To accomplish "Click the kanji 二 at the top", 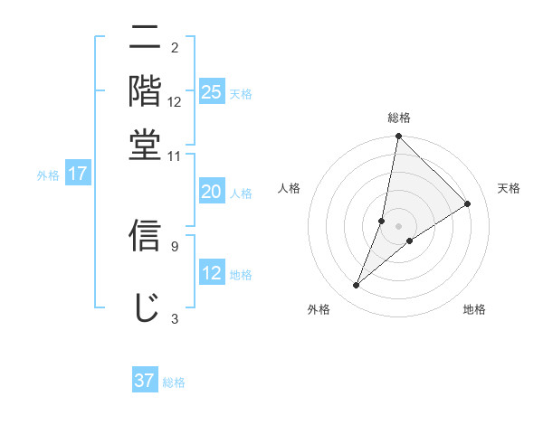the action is click(146, 39).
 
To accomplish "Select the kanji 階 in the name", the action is click(146, 91).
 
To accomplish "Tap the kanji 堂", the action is click(146, 144).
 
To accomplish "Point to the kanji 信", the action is click(146, 235).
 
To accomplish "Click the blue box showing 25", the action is click(211, 91).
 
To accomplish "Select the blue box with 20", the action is click(211, 192).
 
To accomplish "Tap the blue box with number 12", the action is click(211, 273).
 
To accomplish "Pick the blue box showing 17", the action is click(78, 174).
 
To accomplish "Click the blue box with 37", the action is click(145, 381).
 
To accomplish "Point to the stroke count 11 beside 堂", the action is click(174, 156).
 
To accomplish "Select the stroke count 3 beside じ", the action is click(174, 318).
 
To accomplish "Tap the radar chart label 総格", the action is click(399, 118).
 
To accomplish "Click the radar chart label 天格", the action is click(509, 188).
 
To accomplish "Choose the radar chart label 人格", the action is click(290, 188).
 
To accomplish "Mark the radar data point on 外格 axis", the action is click(357, 286).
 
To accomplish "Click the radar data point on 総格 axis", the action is click(398, 137).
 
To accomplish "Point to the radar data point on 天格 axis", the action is click(468, 203).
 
